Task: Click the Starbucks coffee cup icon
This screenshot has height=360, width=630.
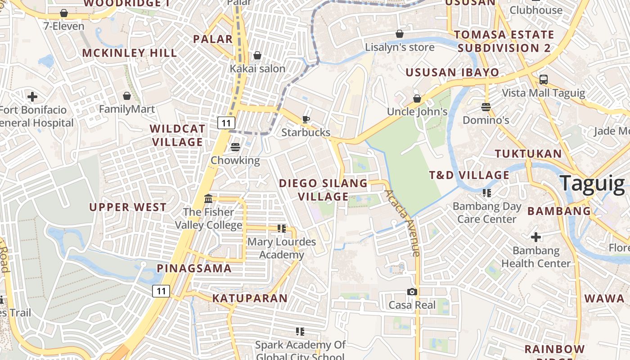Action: [306, 119]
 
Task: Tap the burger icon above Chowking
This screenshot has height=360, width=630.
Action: [235, 147]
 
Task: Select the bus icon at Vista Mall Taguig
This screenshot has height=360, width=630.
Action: [544, 80]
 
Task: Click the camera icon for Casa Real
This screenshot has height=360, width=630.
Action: [412, 292]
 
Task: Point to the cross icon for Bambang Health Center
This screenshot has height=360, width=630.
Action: [535, 237]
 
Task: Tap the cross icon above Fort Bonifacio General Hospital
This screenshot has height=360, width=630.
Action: [32, 96]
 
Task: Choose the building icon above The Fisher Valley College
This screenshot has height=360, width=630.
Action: [208, 198]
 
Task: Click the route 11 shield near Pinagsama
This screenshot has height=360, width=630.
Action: [161, 291]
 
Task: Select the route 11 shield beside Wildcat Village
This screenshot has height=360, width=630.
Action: [226, 122]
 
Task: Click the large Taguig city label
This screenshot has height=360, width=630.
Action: [592, 184]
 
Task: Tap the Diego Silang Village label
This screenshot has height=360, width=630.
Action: [323, 190]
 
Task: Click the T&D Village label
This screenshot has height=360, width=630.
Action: [469, 175]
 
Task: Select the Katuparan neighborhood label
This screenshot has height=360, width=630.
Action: [250, 298]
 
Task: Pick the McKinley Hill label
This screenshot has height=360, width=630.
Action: [130, 53]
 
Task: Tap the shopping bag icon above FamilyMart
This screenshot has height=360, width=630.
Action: [127, 96]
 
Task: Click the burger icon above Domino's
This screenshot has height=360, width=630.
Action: [486, 107]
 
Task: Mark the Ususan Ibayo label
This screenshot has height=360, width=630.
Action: [452, 72]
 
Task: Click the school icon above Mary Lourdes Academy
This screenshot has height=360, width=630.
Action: [282, 229]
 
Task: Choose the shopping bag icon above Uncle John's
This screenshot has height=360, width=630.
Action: [417, 98]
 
